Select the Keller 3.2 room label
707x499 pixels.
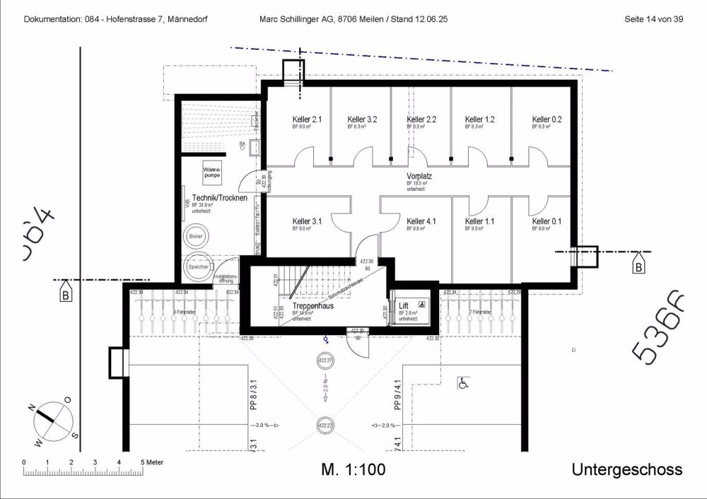click(362, 119)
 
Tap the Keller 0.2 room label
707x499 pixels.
click(547, 119)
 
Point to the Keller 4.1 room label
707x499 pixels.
click(421, 221)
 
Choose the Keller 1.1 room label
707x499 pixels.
click(479, 221)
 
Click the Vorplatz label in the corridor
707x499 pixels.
click(419, 175)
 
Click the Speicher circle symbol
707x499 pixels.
click(199, 266)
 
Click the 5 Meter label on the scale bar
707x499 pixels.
click(151, 462)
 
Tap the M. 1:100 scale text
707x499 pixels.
click(353, 469)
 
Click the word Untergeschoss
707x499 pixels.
click(626, 469)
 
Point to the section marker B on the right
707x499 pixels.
click(638, 267)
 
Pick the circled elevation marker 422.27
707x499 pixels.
click(325, 361)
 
